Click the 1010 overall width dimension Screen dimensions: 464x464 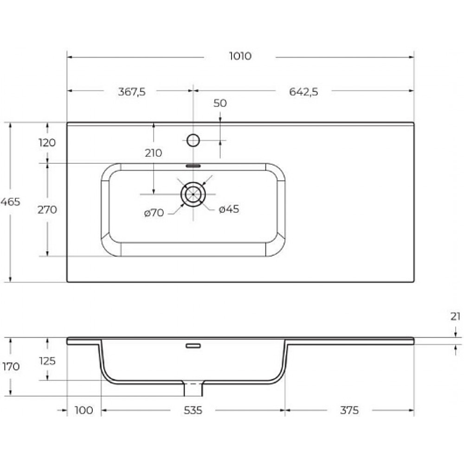tap(240, 56)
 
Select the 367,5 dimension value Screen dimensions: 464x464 tap(132, 92)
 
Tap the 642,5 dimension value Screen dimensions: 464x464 tap(303, 92)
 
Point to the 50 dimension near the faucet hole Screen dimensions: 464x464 tap(220, 103)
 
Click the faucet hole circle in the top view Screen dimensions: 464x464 tap(193, 140)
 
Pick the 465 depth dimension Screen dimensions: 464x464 tap(10, 202)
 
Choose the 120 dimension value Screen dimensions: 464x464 tap(47, 142)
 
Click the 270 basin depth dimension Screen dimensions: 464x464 tap(47, 210)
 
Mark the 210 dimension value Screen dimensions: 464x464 tap(153, 153)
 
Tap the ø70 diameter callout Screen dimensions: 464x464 tap(154, 213)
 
